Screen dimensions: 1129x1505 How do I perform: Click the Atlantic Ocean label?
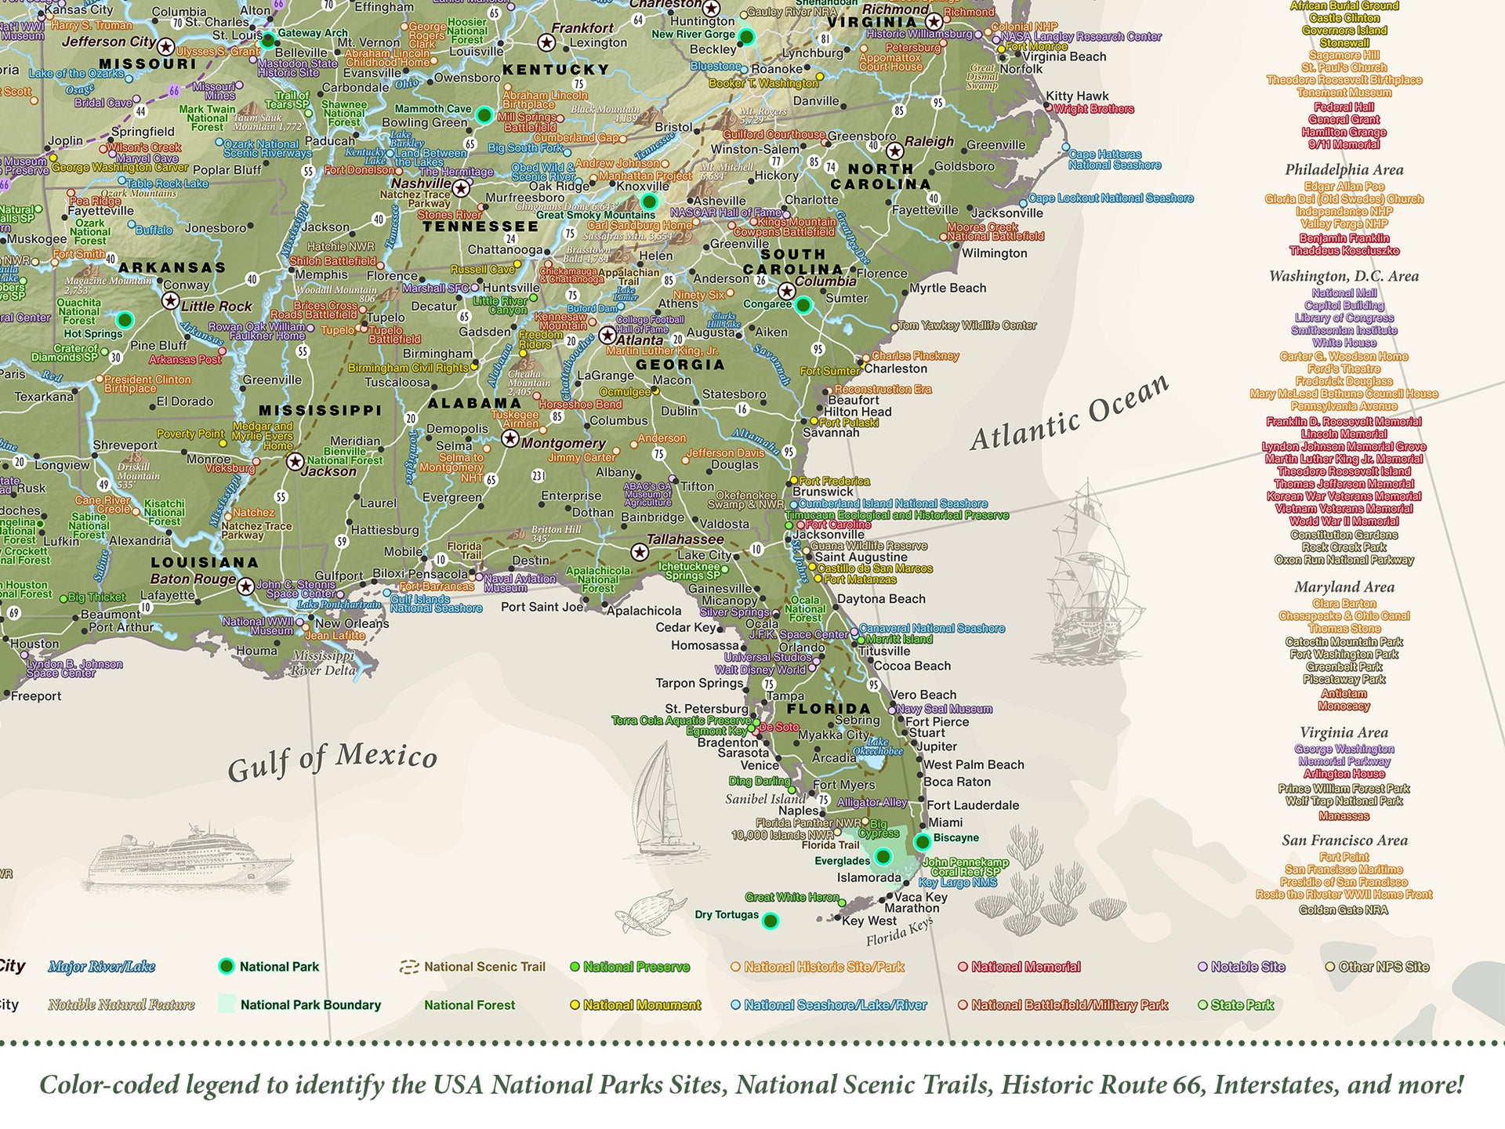click(1070, 413)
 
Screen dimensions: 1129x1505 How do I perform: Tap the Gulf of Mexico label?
click(332, 761)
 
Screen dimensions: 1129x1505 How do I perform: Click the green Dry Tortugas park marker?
click(771, 920)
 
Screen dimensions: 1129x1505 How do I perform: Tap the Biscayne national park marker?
click(922, 842)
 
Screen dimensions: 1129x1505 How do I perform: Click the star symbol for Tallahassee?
click(640, 553)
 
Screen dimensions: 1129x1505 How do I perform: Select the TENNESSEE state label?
click(481, 227)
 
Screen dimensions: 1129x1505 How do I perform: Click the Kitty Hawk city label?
click(1077, 96)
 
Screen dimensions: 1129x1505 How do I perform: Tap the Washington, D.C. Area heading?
click(1344, 276)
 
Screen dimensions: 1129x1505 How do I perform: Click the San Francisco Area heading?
click(1344, 840)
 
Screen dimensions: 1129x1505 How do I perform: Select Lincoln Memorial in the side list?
click(1344, 434)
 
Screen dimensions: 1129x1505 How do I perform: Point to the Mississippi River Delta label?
click(323, 663)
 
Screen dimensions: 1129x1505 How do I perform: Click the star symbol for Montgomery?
click(510, 438)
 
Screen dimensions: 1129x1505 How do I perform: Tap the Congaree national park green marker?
click(803, 305)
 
